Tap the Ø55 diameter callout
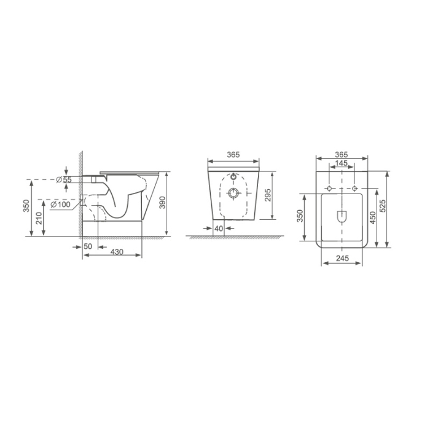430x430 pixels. pyautogui.click(x=64, y=179)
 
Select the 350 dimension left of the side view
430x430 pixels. pyautogui.click(x=26, y=206)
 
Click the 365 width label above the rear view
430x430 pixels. pyautogui.click(x=232, y=154)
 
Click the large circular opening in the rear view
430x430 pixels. pyautogui.click(x=233, y=194)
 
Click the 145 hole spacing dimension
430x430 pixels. pyautogui.click(x=342, y=163)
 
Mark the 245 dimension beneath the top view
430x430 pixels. pyautogui.click(x=342, y=259)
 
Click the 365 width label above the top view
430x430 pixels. pyautogui.click(x=342, y=154)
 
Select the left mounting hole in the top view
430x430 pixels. pyautogui.click(x=329, y=187)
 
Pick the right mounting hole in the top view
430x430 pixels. pyautogui.click(x=355, y=187)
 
